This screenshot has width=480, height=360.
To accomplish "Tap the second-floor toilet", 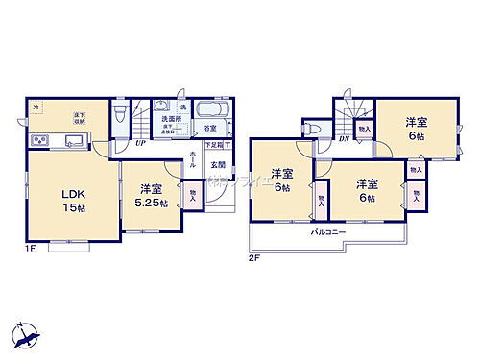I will (x=312, y=130).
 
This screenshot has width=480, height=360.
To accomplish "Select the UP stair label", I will (x=141, y=142).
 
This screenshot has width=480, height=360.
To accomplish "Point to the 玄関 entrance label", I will (x=218, y=164).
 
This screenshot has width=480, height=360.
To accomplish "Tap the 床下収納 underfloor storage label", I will (x=79, y=119).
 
